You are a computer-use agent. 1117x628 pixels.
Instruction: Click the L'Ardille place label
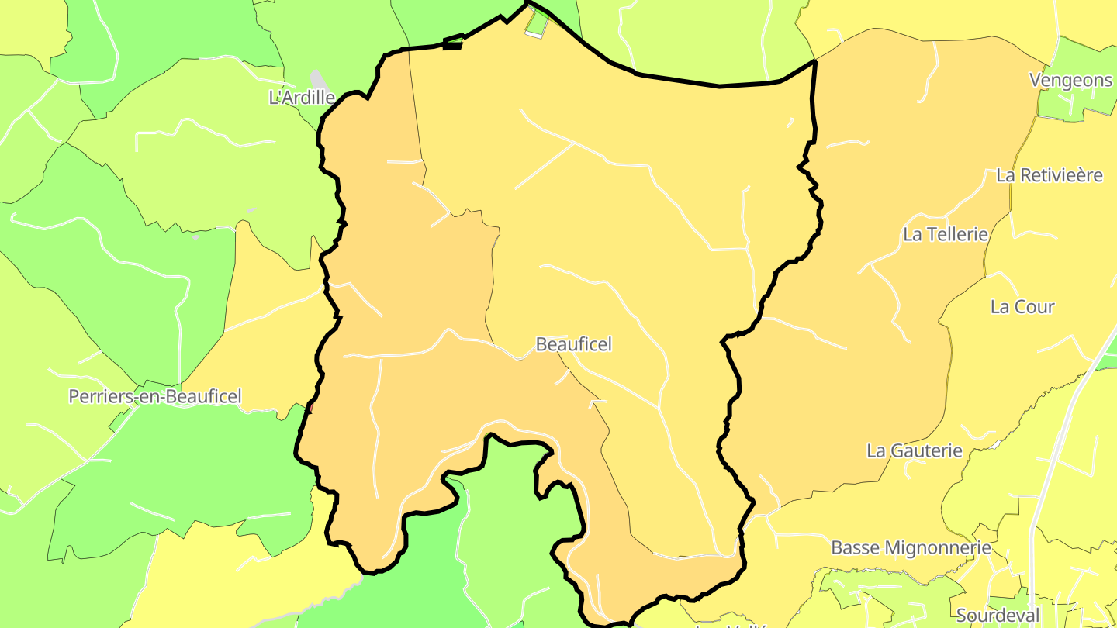tap(301, 98)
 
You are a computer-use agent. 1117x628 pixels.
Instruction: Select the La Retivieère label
tap(1049, 175)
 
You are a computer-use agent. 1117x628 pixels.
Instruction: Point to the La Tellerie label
tap(945, 234)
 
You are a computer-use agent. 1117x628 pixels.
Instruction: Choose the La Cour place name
tap(1022, 307)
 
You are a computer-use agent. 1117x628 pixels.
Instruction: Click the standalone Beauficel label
tap(574, 344)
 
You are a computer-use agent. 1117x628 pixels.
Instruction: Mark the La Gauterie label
tap(914, 450)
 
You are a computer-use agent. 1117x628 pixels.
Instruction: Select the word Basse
tap(856, 547)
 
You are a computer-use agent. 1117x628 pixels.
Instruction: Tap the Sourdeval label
tap(998, 616)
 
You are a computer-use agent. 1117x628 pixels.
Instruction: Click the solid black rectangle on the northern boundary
tap(452, 45)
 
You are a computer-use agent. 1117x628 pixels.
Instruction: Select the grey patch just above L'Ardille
tap(317, 78)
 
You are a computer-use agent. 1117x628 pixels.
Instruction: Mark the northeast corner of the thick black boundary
tap(814, 61)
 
